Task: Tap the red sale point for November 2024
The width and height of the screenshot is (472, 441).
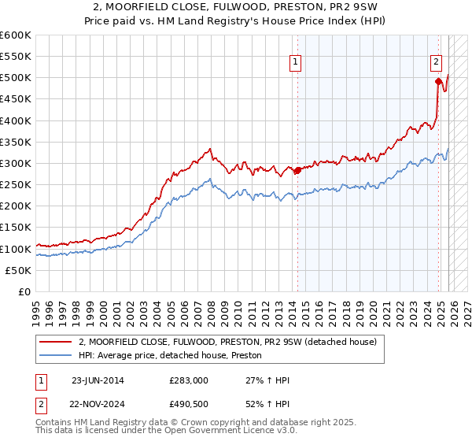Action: (x=438, y=81)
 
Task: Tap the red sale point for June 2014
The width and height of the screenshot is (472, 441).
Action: (x=297, y=170)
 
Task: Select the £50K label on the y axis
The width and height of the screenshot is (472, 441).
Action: (x=18, y=270)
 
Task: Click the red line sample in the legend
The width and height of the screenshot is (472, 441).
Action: (x=56, y=342)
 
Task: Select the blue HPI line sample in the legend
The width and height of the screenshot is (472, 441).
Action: (x=56, y=355)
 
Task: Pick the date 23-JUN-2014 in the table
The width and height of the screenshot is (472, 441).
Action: (x=98, y=380)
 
